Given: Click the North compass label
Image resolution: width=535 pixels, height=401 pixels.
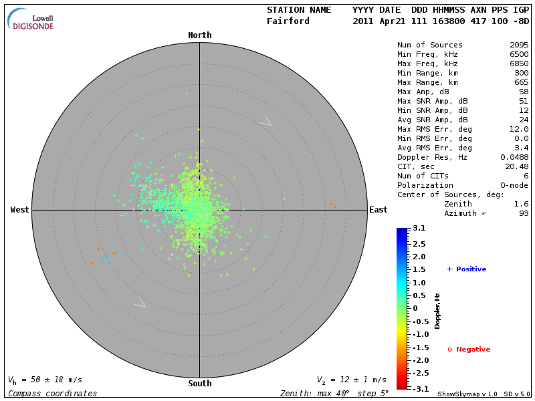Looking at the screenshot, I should pos(199,35).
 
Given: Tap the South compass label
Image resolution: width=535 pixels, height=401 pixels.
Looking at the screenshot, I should pos(199,384).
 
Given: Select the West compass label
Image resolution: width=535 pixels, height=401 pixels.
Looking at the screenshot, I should pos(19,210).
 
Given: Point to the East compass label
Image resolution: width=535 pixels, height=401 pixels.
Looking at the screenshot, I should pos(378,210).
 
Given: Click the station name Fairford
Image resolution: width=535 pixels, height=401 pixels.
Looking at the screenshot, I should pos(288,21).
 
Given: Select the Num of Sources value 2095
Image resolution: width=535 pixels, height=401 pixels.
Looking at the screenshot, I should pos(519,45).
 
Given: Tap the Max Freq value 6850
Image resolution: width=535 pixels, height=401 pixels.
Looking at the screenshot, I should pos(519,64).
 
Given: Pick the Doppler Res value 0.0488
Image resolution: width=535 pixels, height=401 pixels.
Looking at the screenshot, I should pos(514,157).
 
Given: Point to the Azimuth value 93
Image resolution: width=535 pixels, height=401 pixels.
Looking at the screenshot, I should pos(524,213).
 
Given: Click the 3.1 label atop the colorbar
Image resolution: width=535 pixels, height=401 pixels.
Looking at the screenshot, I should pos(419,229).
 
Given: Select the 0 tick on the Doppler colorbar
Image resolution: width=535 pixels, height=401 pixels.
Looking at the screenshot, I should pos(415,308).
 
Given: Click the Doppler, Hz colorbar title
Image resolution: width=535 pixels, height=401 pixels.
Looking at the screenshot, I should pos(437,311).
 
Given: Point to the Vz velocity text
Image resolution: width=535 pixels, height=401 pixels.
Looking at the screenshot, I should pos(351,380).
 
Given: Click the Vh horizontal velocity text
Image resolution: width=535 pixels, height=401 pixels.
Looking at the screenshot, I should pos(43,380).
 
